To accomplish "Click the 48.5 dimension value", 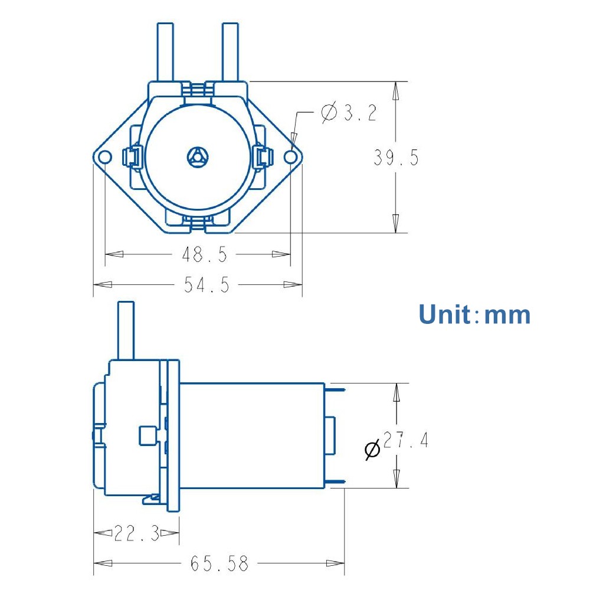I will point(204,255).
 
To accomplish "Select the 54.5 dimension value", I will point(206,285).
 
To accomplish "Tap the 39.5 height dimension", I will point(396,158).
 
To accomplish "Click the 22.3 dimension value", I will point(136,534).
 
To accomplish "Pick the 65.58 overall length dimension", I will point(219,563).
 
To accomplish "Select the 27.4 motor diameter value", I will point(406,441).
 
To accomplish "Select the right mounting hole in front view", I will point(291,156).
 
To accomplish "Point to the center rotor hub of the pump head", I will point(197,157).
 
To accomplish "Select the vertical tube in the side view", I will point(126,330).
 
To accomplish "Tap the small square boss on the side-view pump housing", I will point(146,436).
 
